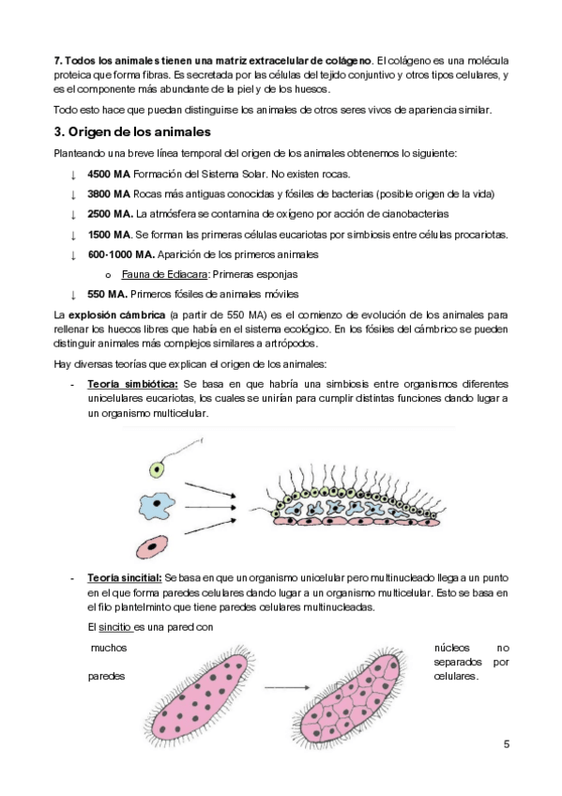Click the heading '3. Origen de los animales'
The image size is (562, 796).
[x=132, y=132]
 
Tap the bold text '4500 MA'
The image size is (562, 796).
[x=109, y=175]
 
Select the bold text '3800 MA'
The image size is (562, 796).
[x=109, y=194]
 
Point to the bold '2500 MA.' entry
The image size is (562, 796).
[x=110, y=214]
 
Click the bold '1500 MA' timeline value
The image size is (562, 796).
[x=109, y=235]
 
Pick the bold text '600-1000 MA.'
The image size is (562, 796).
[x=121, y=254]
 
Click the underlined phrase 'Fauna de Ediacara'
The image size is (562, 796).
[x=164, y=274]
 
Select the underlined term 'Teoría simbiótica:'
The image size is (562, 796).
[x=132, y=384]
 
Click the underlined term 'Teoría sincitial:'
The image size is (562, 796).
[x=124, y=577]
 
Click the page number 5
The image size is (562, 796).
[x=507, y=744]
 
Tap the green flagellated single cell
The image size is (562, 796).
[x=157, y=469]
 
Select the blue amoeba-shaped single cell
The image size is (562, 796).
[x=157, y=506]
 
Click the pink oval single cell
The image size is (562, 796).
[x=152, y=546]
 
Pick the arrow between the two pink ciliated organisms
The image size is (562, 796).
[x=286, y=687]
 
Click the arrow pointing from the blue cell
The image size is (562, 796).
[x=210, y=507]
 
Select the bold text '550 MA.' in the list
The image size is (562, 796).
[x=107, y=294]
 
